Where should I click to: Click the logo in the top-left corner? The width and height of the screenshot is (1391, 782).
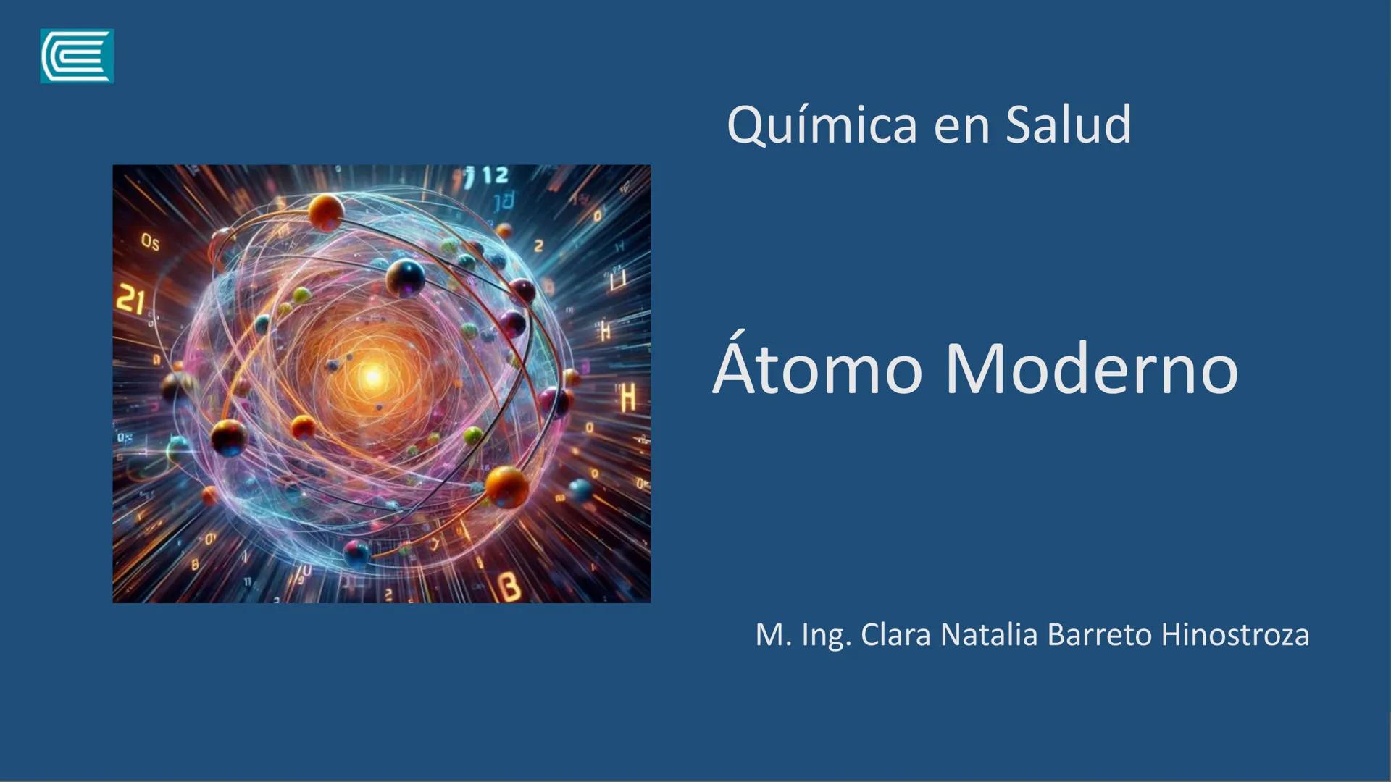click(x=77, y=56)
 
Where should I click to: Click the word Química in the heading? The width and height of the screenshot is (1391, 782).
click(x=822, y=125)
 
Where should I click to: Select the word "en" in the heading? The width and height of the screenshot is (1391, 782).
click(x=961, y=126)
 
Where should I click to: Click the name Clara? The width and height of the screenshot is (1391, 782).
click(x=895, y=635)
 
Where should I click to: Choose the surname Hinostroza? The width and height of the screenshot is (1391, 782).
click(x=1235, y=635)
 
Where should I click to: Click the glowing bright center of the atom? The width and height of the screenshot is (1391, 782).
click(x=373, y=377)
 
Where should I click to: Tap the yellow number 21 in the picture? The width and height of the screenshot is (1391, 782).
click(x=130, y=300)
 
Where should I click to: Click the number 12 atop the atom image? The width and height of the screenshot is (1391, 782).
click(x=496, y=175)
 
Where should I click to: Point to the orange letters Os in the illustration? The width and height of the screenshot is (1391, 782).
click(x=150, y=242)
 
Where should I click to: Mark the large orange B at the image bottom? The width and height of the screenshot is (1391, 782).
click(x=511, y=587)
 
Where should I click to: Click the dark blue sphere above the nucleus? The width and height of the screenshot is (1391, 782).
click(x=405, y=278)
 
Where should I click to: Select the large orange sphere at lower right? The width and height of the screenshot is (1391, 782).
click(x=506, y=486)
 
